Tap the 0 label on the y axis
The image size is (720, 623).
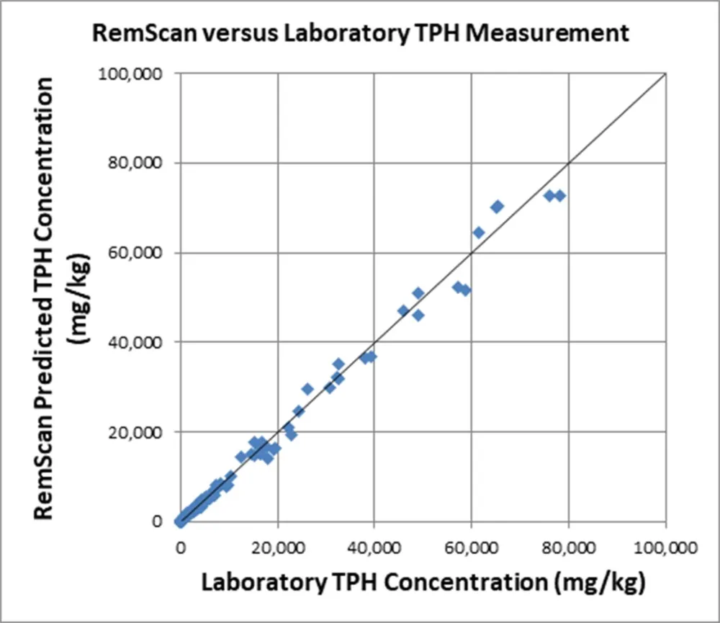pos(156,521)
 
